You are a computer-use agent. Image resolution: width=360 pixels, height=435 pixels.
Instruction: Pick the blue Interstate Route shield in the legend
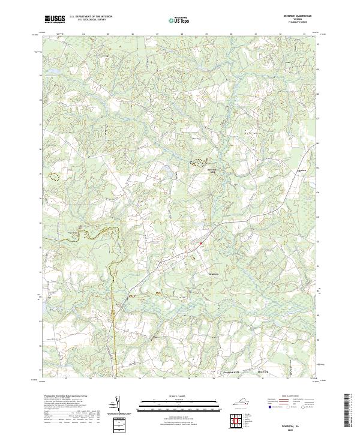click(x=268, y=406)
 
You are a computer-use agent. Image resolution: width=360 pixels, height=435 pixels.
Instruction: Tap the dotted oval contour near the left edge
click(x=55, y=176)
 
